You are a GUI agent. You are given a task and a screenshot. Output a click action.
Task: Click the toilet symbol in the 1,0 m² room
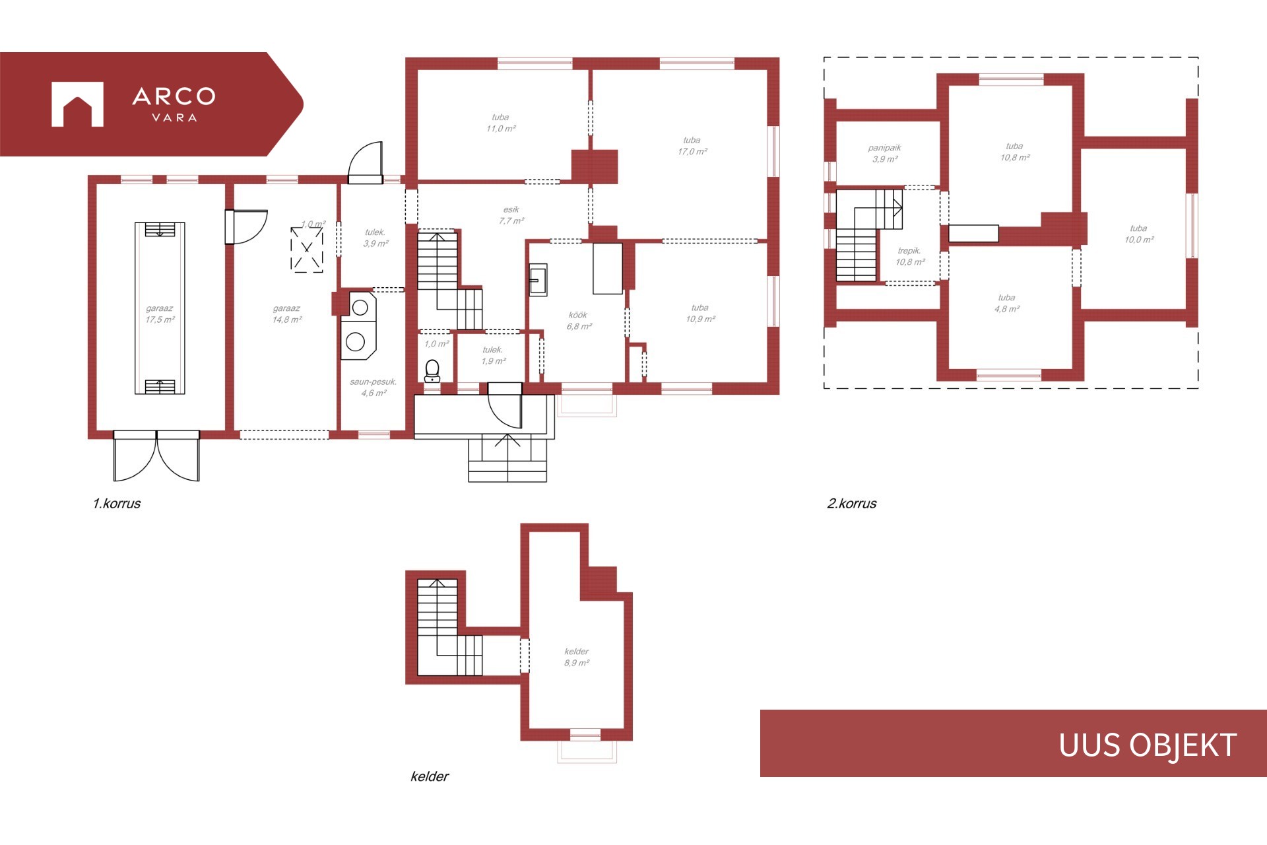pyautogui.click(x=432, y=371)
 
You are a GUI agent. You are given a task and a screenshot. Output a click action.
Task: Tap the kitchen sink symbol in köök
pyautogui.click(x=538, y=280)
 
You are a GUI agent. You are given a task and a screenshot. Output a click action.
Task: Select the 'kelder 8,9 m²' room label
pyautogui.click(x=576, y=657)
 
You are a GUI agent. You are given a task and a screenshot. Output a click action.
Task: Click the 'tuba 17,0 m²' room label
pyautogui.click(x=692, y=146)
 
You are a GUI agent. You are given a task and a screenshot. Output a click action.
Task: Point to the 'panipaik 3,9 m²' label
pyautogui.click(x=884, y=153)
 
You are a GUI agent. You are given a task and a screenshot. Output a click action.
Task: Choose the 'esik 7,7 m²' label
pyautogui.click(x=511, y=215)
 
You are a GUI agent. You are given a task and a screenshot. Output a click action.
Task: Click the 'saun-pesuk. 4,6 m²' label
pyautogui.click(x=374, y=388)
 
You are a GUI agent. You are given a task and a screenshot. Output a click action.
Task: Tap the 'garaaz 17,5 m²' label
pyautogui.click(x=160, y=314)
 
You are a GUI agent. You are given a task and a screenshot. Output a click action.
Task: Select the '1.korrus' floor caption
pyautogui.click(x=117, y=503)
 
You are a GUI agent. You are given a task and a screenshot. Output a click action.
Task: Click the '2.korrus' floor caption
pyautogui.click(x=852, y=503)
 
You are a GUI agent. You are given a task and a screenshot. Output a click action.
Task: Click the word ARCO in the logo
pyautogui.click(x=174, y=96)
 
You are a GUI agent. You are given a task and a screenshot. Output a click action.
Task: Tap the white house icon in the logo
pyautogui.click(x=77, y=104)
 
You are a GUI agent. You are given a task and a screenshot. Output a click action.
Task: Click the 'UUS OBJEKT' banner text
pyautogui.click(x=1148, y=745)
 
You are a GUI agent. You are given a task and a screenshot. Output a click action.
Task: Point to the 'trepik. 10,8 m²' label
pyautogui.click(x=909, y=256)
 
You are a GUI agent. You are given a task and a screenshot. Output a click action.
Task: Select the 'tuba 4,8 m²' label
pyautogui.click(x=1007, y=303)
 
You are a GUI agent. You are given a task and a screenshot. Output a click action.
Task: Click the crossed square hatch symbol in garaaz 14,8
pyautogui.click(x=307, y=250)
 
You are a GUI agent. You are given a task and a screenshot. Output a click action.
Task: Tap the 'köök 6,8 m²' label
pyautogui.click(x=578, y=321)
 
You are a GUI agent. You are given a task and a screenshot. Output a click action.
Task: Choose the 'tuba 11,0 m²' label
pyautogui.click(x=500, y=123)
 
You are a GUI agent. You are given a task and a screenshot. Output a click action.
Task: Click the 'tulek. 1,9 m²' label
pyautogui.click(x=493, y=355)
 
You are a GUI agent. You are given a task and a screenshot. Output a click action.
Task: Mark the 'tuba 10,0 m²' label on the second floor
pyautogui.click(x=1139, y=234)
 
